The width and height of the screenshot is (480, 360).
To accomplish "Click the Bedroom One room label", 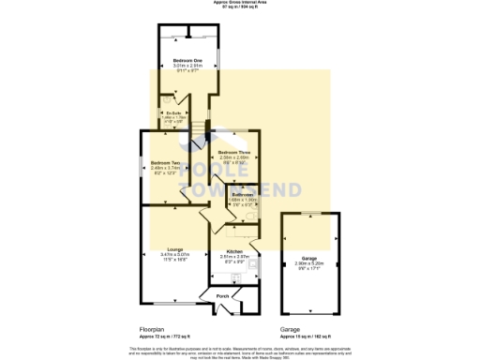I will (x=188, y=61).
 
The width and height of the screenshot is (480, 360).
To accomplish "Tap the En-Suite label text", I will (x=171, y=114).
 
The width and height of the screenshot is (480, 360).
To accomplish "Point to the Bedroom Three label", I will (x=233, y=152).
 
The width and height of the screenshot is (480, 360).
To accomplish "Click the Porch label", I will (x=223, y=296).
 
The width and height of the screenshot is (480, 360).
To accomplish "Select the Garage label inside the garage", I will (x=308, y=258).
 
